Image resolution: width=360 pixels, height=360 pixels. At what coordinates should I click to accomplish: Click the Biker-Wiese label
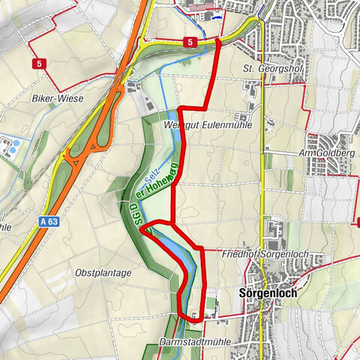(57, 97)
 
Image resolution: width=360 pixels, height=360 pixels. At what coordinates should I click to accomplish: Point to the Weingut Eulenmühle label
(206, 125)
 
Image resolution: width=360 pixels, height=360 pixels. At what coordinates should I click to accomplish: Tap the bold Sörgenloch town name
(266, 293)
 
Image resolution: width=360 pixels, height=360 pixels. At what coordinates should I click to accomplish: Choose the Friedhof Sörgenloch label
(262, 256)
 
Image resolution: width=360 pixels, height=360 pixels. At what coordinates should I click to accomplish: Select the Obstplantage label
(103, 272)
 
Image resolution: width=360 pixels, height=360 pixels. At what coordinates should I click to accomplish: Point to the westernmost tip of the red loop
(141, 231)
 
